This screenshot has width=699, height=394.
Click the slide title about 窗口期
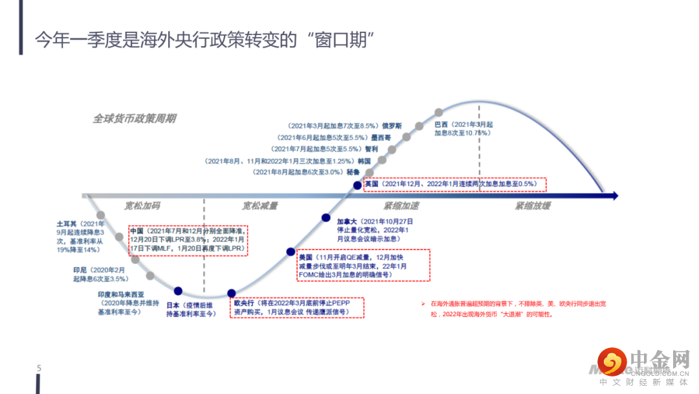pyautogui.click(x=205, y=40)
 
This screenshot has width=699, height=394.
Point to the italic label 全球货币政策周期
pyautogui.click(x=134, y=119)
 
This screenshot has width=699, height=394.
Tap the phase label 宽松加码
pyautogui.click(x=142, y=206)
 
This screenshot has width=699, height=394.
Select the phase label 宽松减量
pyautogui.click(x=260, y=206)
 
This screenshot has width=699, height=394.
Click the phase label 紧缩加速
pyautogui.click(x=401, y=206)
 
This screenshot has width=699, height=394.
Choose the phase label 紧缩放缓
pyautogui.click(x=533, y=206)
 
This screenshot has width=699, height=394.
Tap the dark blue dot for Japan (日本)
pyautogui.click(x=178, y=292)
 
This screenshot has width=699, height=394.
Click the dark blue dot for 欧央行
pyautogui.click(x=232, y=294)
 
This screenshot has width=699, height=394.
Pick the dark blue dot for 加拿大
pyautogui.click(x=326, y=217)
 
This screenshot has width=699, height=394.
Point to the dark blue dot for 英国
pyautogui.click(x=357, y=185)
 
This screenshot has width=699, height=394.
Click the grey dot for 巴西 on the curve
pyautogui.click(x=439, y=112)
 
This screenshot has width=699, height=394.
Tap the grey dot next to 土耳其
pyautogui.click(x=101, y=215)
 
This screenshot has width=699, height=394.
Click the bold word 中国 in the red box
pyautogui.click(x=137, y=231)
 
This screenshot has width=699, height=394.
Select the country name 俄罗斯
pyautogui.click(x=392, y=126)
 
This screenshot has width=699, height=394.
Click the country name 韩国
pyautogui.click(x=364, y=161)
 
